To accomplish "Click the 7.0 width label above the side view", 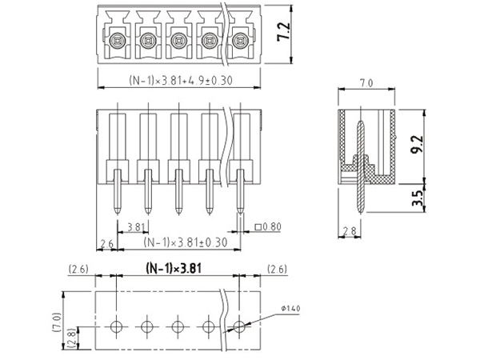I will [367, 82].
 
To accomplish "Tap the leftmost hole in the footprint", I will [117, 326].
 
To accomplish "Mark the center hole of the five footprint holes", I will [178, 326].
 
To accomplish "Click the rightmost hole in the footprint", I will [238, 326].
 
